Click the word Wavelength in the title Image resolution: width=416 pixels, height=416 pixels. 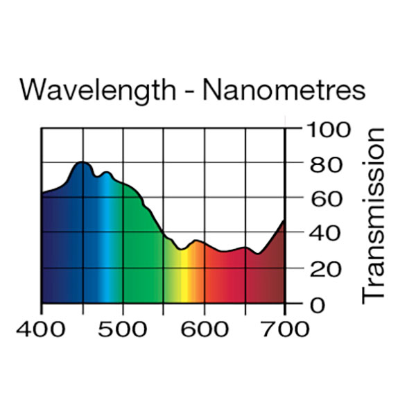pos(96,91)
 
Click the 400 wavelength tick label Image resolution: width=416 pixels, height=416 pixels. pos(41,328)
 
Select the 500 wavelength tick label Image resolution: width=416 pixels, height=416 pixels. pos(123,328)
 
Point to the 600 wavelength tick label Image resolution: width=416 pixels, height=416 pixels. pos(204,328)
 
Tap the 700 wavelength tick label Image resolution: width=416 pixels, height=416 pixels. pos(285,328)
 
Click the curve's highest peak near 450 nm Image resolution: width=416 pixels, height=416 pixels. pos(83,162)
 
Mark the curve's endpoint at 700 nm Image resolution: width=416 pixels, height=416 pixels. pos(284,221)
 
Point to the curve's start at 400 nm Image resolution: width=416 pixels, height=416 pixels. pos(42,194)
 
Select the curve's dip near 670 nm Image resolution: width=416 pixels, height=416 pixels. pos(258,254)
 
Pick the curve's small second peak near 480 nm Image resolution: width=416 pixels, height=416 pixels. pos(106,172)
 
